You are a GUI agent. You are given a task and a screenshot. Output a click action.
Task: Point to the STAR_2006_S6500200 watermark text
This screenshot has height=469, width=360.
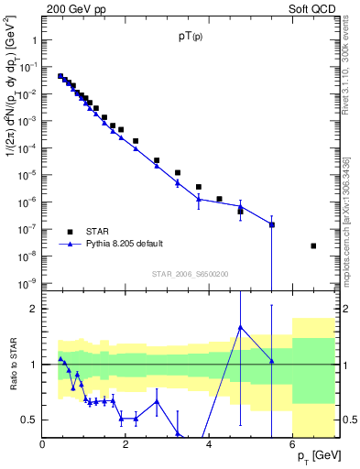point(191,273)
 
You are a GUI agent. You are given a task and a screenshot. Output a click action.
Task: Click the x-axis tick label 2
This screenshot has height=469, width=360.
point(126,443)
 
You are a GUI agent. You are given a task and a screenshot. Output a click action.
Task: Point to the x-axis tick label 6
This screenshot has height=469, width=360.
point(292,443)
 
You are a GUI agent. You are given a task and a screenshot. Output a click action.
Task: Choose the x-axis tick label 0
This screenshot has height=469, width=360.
point(43,443)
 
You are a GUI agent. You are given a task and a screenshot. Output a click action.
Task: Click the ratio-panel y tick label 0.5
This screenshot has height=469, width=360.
point(28,420)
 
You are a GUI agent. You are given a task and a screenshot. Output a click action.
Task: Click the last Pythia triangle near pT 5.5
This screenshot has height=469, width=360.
point(272,224)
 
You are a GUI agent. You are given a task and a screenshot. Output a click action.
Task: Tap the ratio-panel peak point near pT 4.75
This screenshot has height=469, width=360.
point(240,327)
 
